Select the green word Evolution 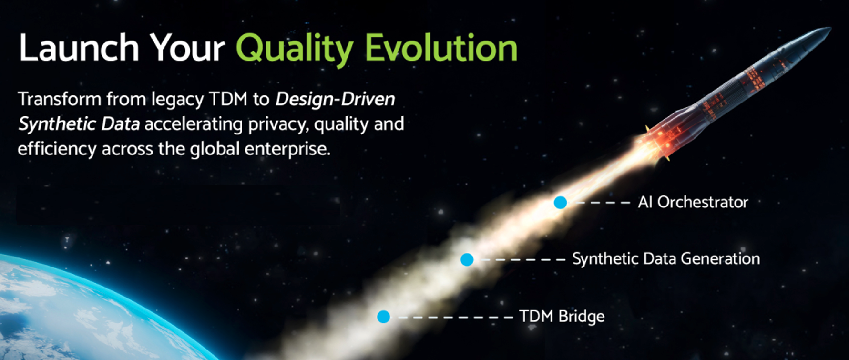click(441, 48)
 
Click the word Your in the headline click(187, 48)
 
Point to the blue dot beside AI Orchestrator click(561, 203)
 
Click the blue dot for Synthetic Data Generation click(467, 260)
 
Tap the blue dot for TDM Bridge click(384, 317)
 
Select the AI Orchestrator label click(693, 202)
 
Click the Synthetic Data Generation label click(666, 259)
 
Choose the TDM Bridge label click(562, 316)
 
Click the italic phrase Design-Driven click(335, 99)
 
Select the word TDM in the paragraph click(228, 99)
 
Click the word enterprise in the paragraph click(287, 149)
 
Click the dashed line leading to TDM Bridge click(455, 317)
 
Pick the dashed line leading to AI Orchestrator click(603, 203)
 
